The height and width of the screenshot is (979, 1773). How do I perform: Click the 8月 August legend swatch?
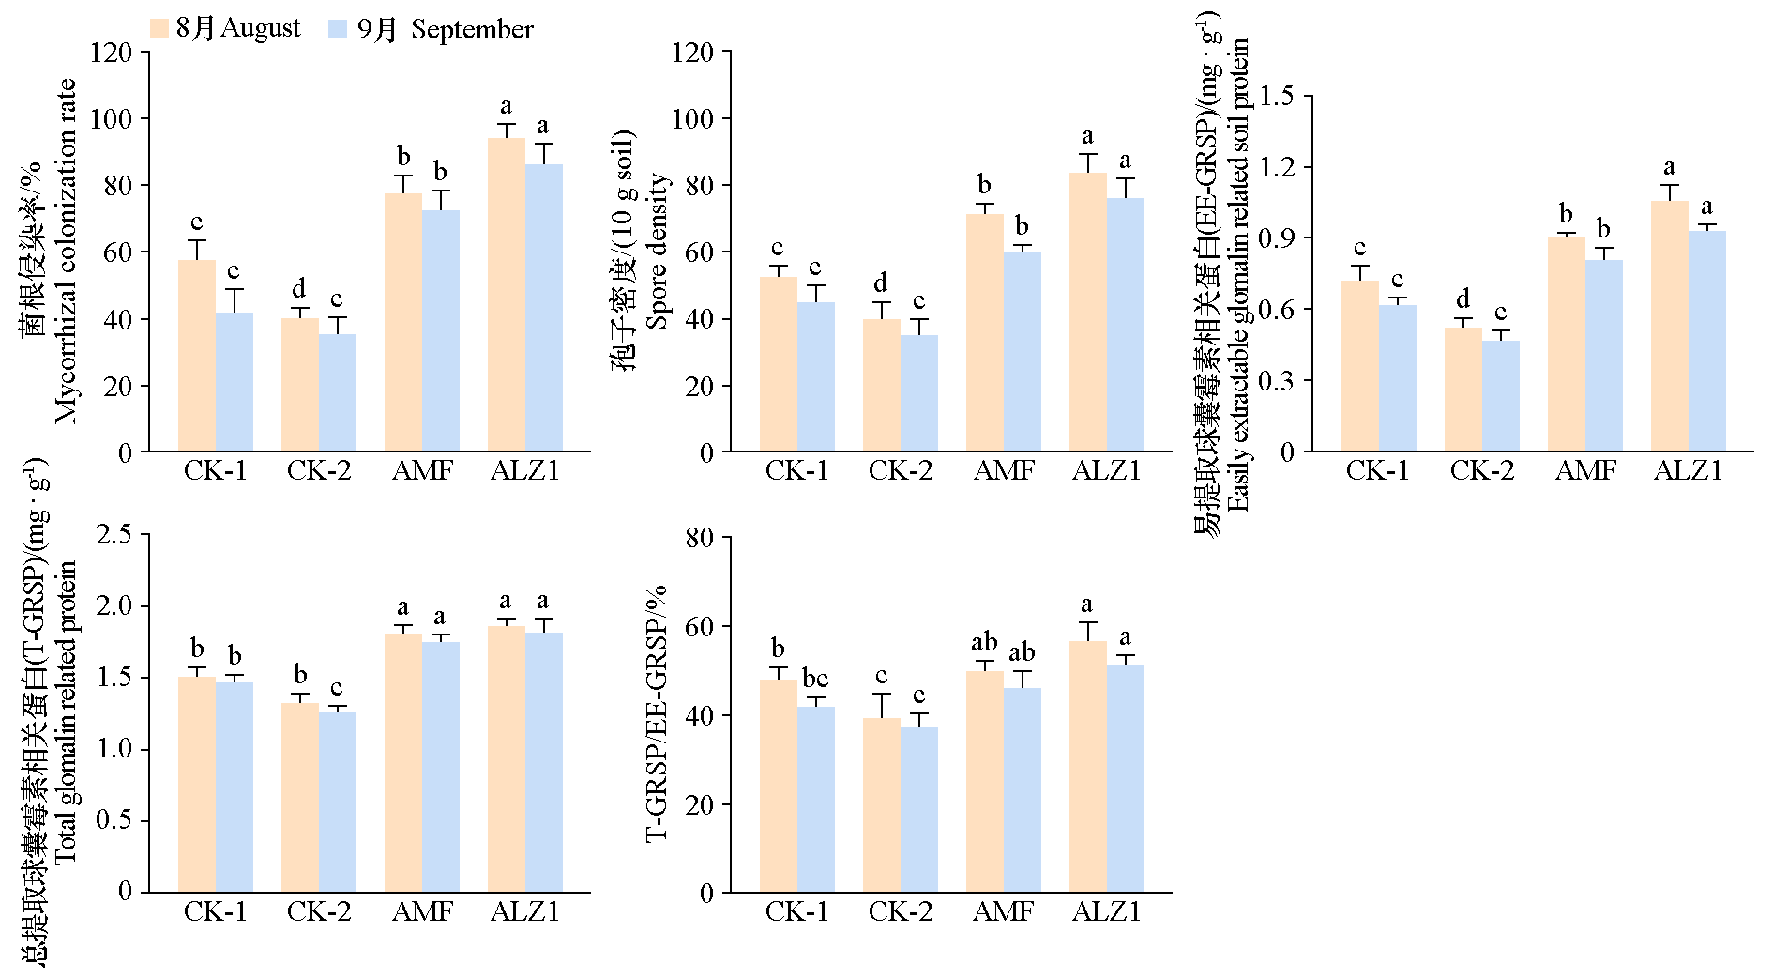coord(159,28)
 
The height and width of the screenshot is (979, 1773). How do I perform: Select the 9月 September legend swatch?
coord(339,28)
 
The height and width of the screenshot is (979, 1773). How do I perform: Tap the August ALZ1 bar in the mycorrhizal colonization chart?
coord(507,295)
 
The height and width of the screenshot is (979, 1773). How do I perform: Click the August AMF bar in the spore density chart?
coord(985,333)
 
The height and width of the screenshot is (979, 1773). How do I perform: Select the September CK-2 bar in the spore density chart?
coord(919,393)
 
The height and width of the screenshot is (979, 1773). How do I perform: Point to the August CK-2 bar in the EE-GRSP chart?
coord(1463,390)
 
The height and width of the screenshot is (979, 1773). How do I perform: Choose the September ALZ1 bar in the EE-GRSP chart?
coord(1707,342)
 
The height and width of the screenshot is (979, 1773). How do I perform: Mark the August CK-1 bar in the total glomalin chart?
coord(197,784)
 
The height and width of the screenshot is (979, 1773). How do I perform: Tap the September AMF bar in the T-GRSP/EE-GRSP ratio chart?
coord(1023,789)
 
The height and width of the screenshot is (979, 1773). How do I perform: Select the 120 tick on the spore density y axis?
coord(693,52)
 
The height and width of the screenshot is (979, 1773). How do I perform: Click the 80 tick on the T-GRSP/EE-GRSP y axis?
coord(702,538)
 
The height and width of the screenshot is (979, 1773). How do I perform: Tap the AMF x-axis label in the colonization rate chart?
coord(422,470)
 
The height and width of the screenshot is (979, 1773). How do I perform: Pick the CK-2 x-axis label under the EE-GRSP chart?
coord(1482,470)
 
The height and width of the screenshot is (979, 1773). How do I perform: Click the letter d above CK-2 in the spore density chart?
coord(881,283)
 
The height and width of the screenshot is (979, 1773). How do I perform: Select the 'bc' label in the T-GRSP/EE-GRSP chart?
coord(815,679)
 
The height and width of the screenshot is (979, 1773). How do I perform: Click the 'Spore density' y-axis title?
coord(659,251)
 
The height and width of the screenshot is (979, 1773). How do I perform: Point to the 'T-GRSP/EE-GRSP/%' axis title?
coord(659,712)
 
